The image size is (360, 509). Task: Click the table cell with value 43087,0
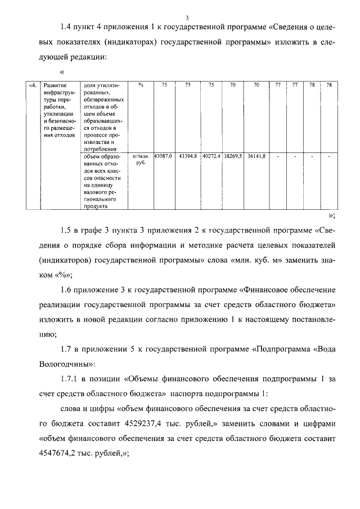click(163, 155)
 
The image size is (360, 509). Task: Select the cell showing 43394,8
click(188, 155)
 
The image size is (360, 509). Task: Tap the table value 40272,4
click(211, 155)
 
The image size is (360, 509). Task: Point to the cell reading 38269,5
click(232, 155)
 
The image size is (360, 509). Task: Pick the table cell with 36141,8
click(256, 155)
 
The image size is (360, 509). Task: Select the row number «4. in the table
click(33, 85)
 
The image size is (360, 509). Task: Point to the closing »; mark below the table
click(331, 215)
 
